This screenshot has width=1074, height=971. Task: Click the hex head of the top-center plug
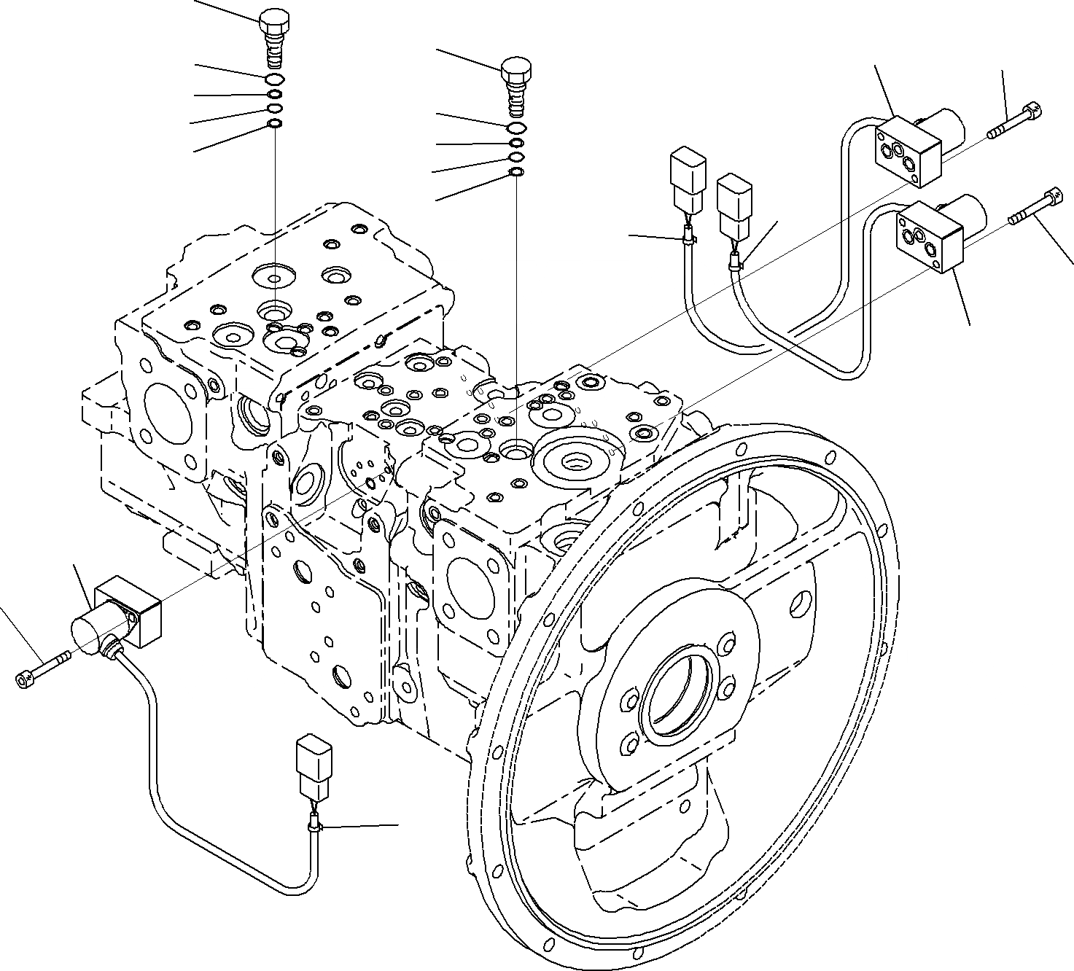[515, 70]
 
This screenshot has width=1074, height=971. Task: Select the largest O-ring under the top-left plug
[275, 79]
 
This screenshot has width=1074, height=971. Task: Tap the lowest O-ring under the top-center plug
[515, 172]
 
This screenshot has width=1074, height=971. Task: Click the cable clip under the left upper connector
[688, 235]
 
